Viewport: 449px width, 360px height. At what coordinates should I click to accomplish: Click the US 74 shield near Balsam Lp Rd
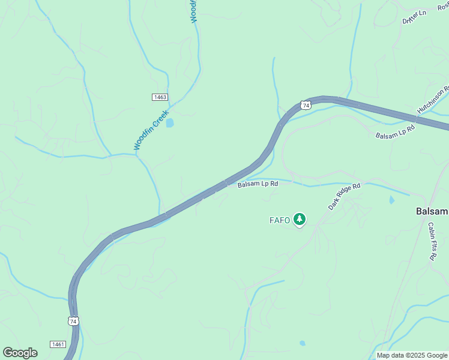point(306,105)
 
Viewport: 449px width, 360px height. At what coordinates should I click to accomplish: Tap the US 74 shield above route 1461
point(73,321)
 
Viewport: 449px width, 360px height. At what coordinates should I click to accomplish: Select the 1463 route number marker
point(160,97)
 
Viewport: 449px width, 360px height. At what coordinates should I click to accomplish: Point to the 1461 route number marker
point(58,344)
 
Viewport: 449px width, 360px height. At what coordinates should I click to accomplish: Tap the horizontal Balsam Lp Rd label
point(258,184)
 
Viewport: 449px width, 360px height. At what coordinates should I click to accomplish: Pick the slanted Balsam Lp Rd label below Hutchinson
point(395,132)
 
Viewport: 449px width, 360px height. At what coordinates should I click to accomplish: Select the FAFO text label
point(279,220)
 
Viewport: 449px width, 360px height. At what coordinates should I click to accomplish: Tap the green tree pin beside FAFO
point(300,220)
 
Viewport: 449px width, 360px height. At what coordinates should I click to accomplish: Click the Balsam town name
point(432,212)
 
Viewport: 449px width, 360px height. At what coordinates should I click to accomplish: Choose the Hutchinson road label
point(433,100)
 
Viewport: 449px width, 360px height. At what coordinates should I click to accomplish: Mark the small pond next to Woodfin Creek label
point(170,123)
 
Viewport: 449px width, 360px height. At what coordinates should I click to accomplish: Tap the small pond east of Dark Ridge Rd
point(392,200)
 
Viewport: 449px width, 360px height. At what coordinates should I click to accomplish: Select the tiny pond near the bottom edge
point(302,343)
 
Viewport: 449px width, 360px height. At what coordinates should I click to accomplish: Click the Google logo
point(20,352)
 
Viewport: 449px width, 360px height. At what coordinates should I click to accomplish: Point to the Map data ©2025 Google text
point(412,355)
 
